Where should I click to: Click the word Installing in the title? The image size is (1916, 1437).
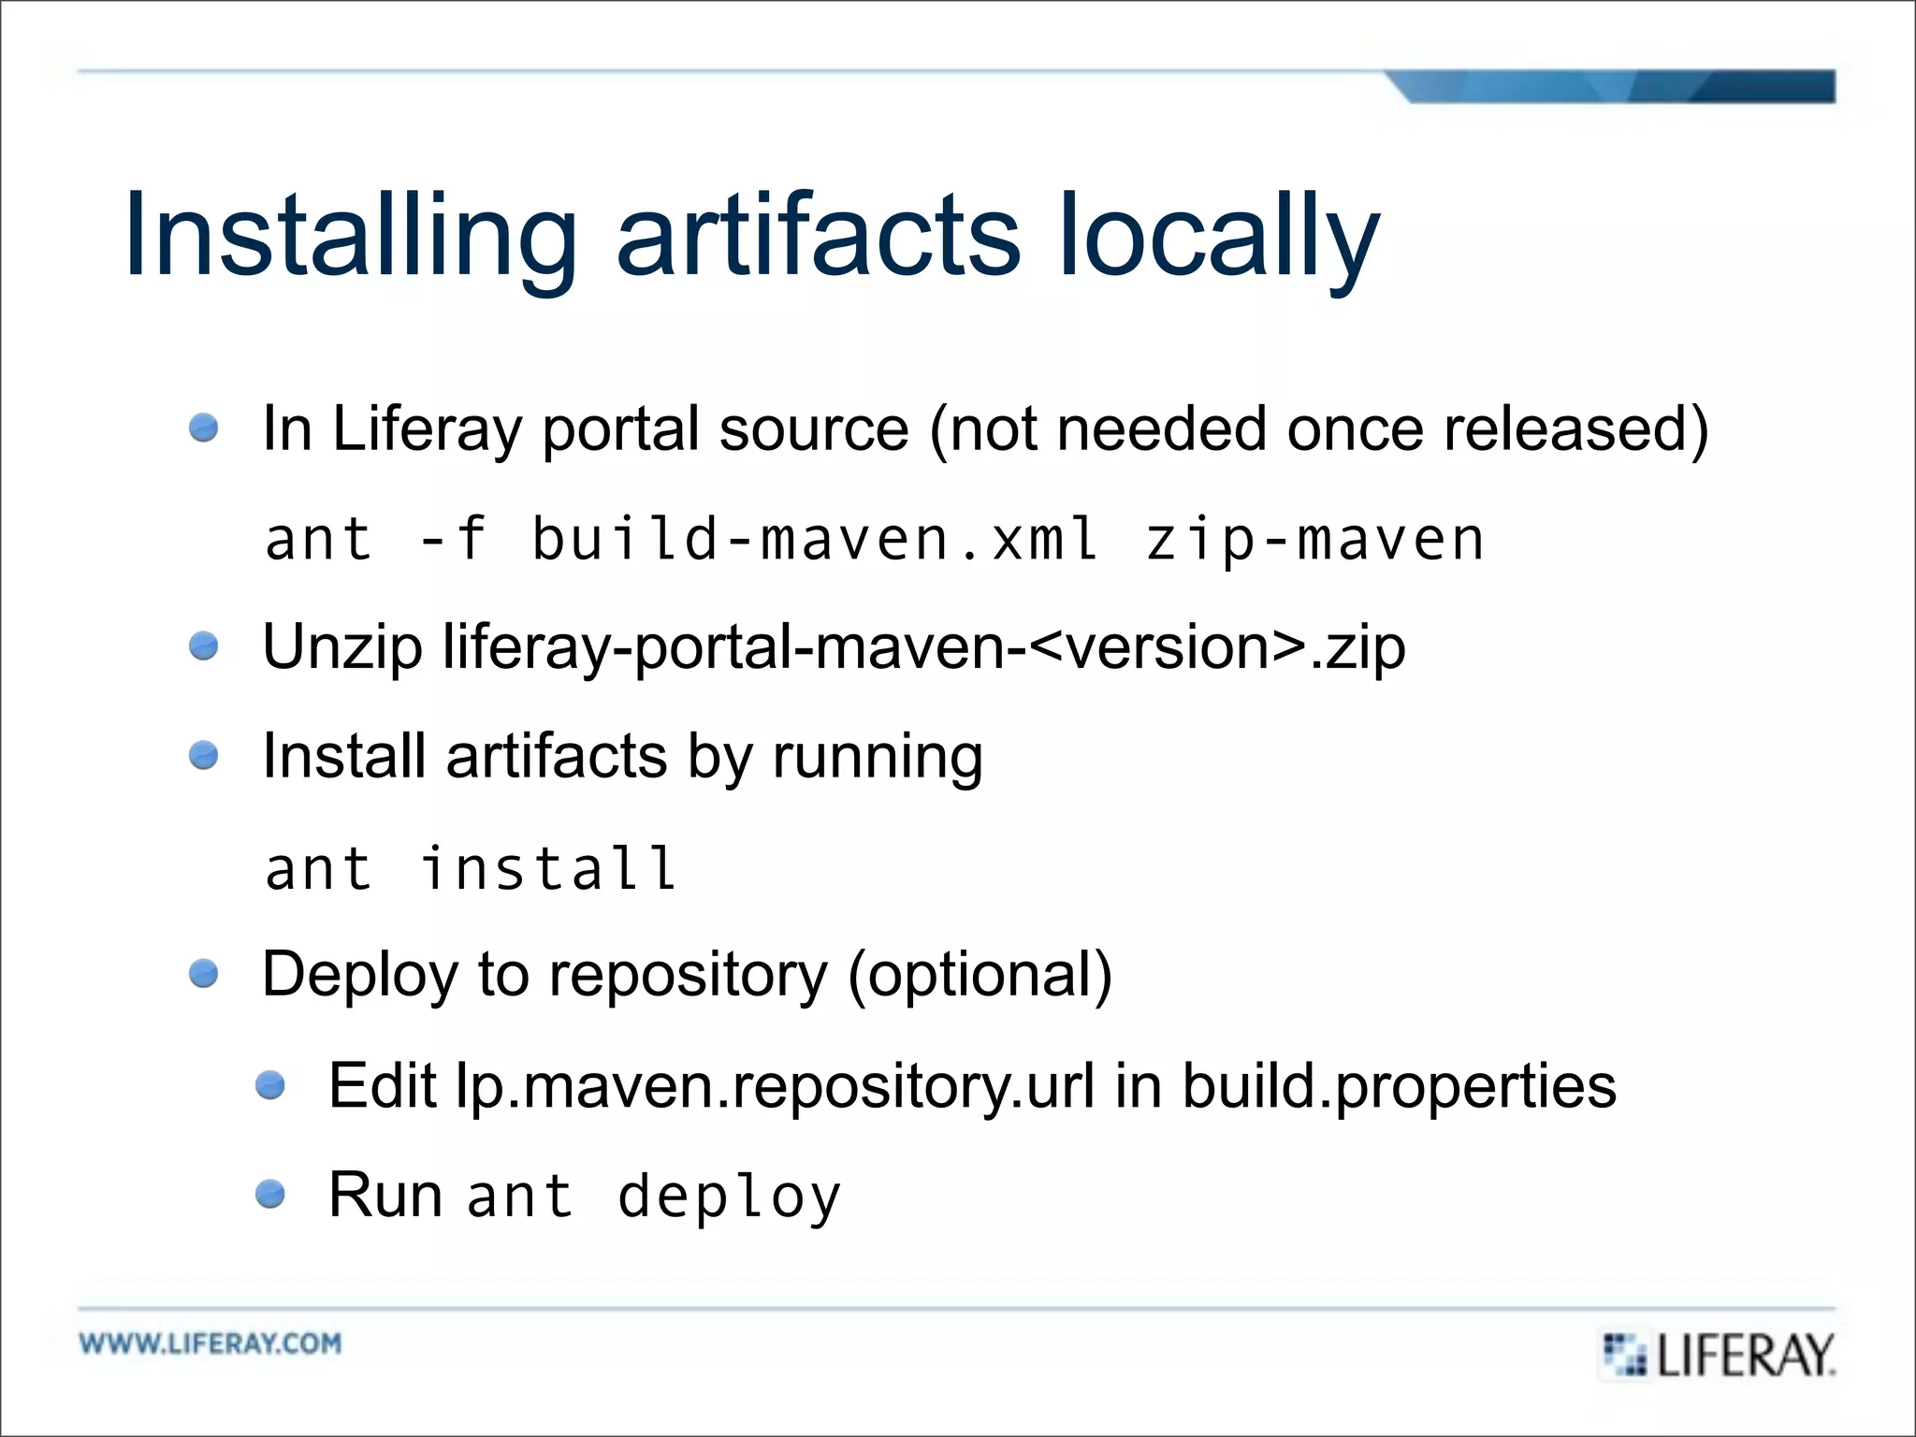pyautogui.click(x=351, y=236)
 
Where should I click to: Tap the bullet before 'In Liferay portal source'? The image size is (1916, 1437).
pyautogui.click(x=203, y=428)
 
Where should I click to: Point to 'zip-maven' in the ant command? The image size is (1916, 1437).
pyautogui.click(x=1314, y=540)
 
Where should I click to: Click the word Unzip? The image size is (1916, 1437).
pyautogui.click(x=342, y=647)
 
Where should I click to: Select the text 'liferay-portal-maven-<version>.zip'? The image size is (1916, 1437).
pyautogui.click(x=923, y=647)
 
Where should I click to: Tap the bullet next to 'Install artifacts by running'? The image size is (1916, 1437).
pyautogui.click(x=203, y=755)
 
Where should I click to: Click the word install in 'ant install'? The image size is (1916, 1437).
pyautogui.click(x=548, y=868)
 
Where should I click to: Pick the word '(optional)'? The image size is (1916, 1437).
pyautogui.click(x=980, y=975)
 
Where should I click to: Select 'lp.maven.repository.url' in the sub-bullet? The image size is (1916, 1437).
pyautogui.click(x=775, y=1086)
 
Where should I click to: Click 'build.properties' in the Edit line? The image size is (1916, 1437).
pyautogui.click(x=1399, y=1086)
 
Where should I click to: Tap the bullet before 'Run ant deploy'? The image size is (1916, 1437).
pyautogui.click(x=270, y=1194)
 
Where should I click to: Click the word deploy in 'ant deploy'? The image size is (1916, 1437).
pyautogui.click(x=730, y=1197)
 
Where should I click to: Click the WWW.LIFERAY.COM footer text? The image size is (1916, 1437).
pyautogui.click(x=210, y=1343)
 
